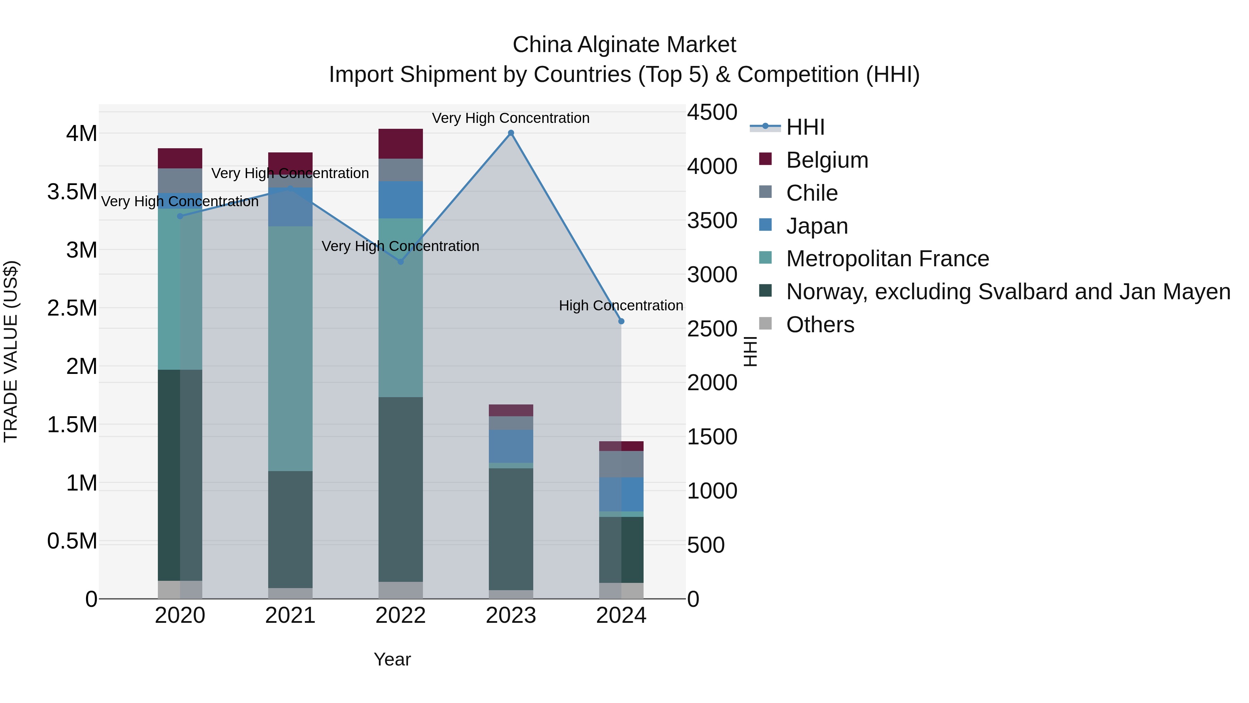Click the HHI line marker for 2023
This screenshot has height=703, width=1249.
[511, 133]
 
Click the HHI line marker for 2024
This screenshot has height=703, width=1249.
[621, 321]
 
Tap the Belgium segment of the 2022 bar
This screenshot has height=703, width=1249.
[400, 144]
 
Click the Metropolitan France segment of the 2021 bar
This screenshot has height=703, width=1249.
[290, 348]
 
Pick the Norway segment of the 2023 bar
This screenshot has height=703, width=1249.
[511, 529]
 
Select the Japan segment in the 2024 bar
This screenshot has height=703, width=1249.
[621, 494]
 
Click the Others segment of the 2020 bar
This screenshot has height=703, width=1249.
[180, 589]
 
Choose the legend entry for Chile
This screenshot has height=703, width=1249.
[811, 193]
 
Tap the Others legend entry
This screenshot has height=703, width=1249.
[819, 325]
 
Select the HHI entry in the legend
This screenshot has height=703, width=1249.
[805, 127]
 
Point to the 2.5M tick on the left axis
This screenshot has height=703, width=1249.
[72, 308]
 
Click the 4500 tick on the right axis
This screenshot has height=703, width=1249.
[712, 112]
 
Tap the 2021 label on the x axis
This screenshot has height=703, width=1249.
[290, 616]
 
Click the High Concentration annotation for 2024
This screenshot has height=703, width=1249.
[621, 306]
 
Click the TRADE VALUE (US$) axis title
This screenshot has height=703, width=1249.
[11, 351]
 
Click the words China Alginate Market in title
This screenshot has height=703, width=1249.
[624, 45]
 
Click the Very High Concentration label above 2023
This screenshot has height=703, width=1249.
[511, 118]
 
